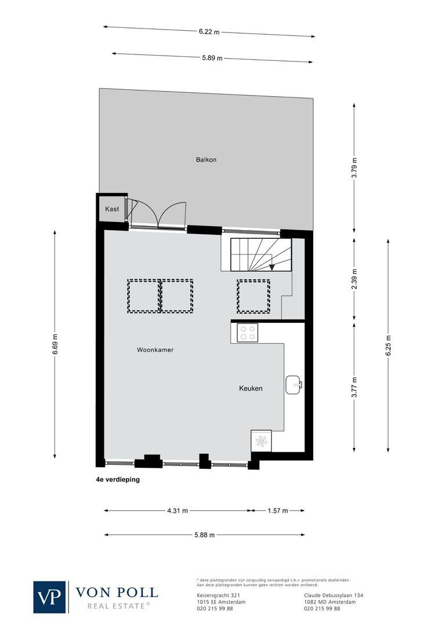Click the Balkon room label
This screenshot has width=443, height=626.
[206, 159]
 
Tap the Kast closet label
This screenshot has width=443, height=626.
[112, 209]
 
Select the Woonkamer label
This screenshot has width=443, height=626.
[155, 350]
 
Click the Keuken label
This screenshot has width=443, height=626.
[250, 388]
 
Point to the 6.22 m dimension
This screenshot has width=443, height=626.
[209, 32]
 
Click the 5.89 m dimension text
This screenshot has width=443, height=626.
[212, 58]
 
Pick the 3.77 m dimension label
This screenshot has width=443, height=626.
[355, 387]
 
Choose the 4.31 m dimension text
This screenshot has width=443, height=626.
[177, 511]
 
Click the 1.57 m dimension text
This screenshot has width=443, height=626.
[277, 511]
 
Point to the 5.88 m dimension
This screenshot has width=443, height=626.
[204, 535]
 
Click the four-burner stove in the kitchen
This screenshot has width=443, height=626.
[248, 333]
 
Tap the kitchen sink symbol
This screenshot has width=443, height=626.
[293, 384]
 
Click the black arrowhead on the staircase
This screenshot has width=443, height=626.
[273, 267]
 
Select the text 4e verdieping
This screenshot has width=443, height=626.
[118, 480]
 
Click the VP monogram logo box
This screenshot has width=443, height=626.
[50, 596]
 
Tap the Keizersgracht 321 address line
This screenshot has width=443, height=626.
[215, 595]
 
